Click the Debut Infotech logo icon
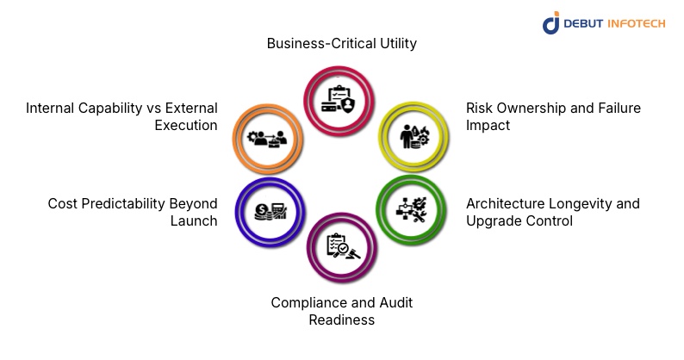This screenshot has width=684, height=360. click(x=551, y=22)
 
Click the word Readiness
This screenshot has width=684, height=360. click(x=341, y=320)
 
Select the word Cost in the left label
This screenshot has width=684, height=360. click(x=63, y=204)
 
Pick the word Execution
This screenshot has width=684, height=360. click(x=186, y=126)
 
